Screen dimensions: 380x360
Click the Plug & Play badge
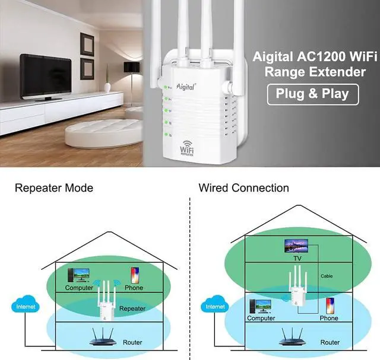point(313,94)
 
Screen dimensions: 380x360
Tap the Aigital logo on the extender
point(185,87)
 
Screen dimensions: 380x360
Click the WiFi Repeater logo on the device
point(187,148)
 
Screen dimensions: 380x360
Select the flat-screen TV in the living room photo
point(46,77)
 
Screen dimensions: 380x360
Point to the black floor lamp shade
point(132,67)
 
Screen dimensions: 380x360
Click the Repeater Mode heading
point(54,188)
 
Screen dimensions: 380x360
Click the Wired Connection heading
point(244,188)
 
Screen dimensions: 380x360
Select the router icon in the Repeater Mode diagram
point(103,336)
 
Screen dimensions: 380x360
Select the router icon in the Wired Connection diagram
point(293,336)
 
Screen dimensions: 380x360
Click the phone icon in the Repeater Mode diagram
point(135,275)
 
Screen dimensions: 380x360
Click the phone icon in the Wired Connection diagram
point(330,306)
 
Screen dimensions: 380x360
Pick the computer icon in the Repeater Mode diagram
point(78,275)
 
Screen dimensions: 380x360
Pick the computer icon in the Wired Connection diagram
point(261,306)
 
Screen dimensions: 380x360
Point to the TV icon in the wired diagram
point(296,246)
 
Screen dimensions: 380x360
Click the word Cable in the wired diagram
point(327,276)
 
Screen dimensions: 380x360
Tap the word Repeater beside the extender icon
point(132,308)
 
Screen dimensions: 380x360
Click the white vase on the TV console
point(107,87)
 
